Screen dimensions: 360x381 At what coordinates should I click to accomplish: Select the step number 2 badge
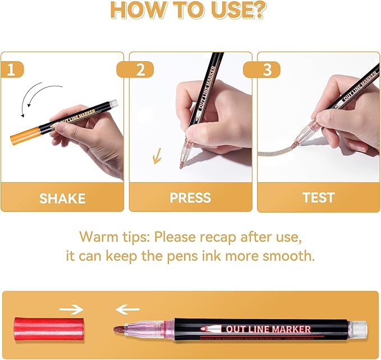tap(140, 70)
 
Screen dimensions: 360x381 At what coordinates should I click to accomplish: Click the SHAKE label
tap(62, 198)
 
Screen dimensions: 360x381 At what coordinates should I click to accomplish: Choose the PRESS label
tap(190, 198)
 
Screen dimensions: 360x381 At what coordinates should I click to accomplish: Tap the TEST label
tap(318, 198)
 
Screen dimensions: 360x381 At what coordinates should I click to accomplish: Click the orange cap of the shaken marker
tap(24, 134)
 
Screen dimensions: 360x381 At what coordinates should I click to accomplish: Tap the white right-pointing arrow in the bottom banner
tap(71, 309)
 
